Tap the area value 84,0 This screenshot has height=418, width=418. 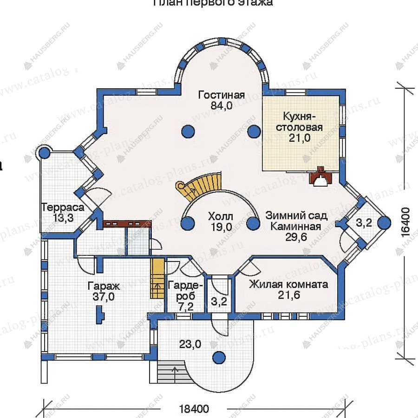[221, 106]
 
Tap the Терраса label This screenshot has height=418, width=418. [63, 208]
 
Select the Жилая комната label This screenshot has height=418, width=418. [288, 284]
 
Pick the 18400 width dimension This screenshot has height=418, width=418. [194, 409]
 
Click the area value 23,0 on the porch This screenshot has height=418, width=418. [190, 344]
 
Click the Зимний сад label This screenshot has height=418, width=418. [296, 216]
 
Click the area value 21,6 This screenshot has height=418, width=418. [288, 296]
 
